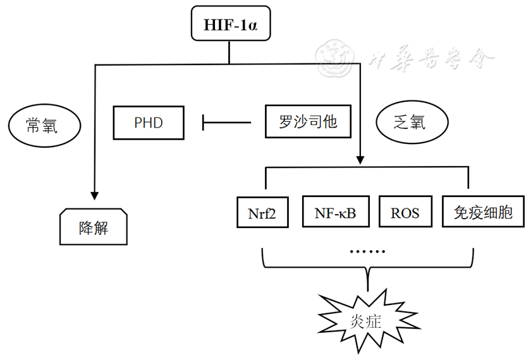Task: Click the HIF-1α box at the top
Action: point(228,26)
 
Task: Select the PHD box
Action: point(149,123)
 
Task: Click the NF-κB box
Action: point(335,213)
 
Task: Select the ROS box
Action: point(405,213)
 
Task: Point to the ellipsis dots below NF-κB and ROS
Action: point(367,251)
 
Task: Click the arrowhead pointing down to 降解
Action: point(94,193)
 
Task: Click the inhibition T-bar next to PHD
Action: point(204,122)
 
